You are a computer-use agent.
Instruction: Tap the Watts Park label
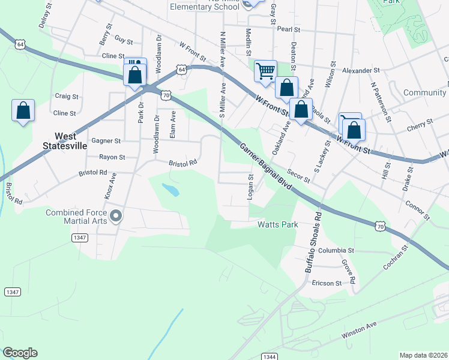(x=278, y=226)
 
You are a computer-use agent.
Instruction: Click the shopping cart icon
(x=265, y=71)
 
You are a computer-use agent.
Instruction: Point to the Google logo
(x=20, y=353)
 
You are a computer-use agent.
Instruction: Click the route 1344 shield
(x=270, y=356)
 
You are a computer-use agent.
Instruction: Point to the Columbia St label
(x=336, y=250)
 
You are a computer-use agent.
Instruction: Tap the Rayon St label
(x=112, y=157)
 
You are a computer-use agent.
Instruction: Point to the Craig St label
(x=67, y=96)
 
